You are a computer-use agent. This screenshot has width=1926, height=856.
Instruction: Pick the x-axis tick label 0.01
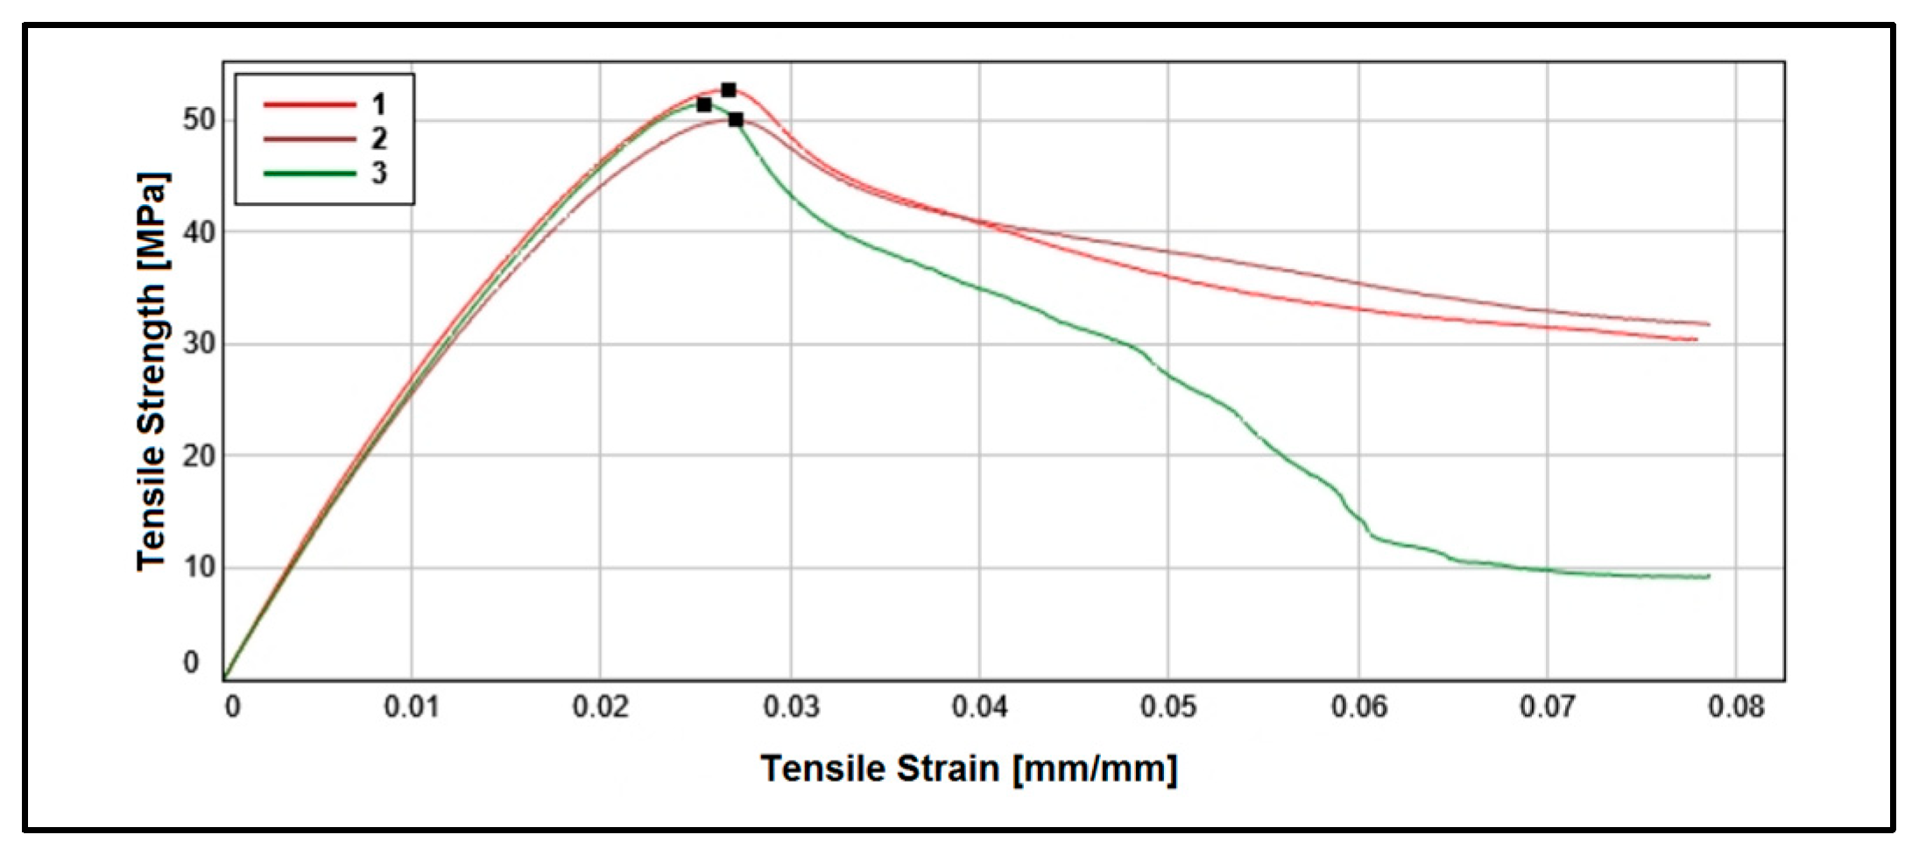412,706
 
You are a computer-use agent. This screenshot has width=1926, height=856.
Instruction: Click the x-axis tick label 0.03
791,706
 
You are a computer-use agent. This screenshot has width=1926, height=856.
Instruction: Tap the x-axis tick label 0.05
1168,706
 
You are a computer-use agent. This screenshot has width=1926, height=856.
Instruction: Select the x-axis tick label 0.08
1736,706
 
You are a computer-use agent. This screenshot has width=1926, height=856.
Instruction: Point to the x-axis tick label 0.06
1359,706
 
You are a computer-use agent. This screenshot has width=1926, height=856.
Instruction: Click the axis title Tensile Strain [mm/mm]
969,769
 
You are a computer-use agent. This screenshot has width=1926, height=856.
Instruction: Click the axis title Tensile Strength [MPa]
152,371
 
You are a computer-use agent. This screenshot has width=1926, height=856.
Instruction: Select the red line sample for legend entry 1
310,104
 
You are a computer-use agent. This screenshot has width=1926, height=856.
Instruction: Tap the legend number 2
378,138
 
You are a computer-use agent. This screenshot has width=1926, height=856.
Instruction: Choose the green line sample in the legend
310,173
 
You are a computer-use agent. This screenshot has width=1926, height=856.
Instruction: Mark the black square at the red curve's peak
729,90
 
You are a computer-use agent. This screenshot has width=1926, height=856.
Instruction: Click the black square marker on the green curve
704,105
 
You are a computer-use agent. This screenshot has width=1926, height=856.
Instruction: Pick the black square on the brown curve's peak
736,120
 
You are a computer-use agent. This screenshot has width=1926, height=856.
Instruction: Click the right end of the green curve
1708,577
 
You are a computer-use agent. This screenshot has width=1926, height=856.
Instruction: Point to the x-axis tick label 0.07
1548,706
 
